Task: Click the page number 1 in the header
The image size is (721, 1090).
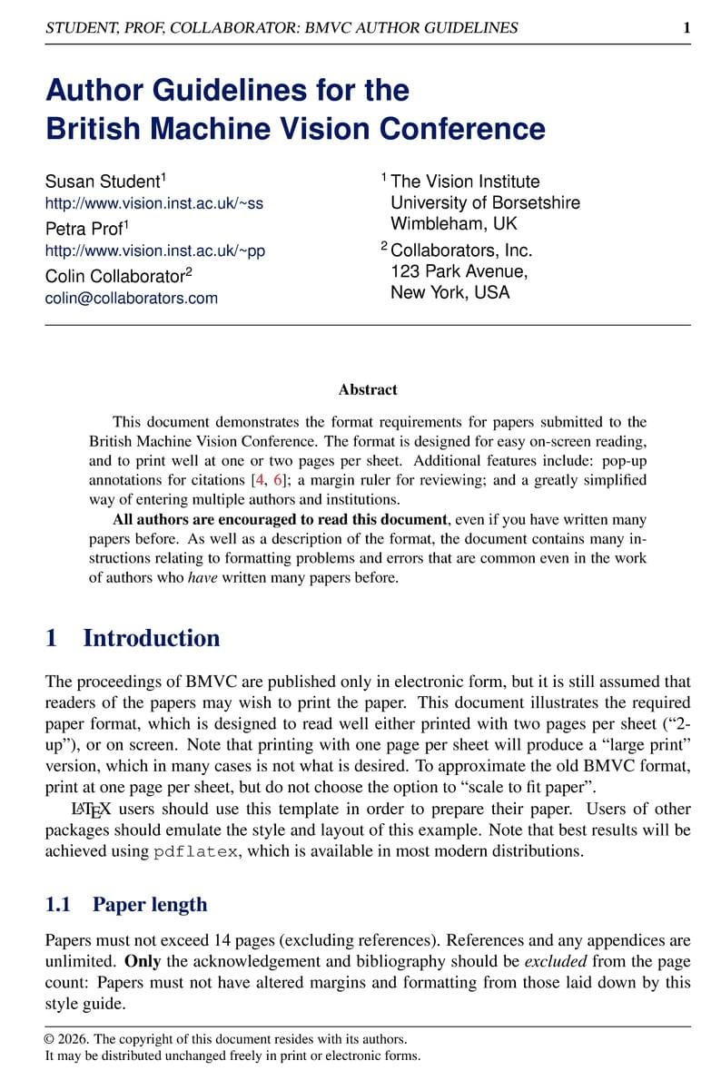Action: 686,28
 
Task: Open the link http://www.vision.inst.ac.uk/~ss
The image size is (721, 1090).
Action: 154,203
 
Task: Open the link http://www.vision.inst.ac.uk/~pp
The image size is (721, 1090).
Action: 155,250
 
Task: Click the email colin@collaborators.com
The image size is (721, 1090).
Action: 132,298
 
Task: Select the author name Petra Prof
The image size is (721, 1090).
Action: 84,229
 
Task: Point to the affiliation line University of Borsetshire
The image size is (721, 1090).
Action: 485,202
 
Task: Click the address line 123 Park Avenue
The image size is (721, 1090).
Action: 459,271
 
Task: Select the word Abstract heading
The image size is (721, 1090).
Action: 368,389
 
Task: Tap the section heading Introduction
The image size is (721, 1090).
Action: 151,638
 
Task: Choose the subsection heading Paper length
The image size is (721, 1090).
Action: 150,904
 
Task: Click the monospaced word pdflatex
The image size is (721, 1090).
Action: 197,851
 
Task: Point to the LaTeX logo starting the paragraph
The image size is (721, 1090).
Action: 91,809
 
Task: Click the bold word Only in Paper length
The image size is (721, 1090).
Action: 143,961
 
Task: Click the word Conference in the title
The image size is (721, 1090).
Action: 462,129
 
